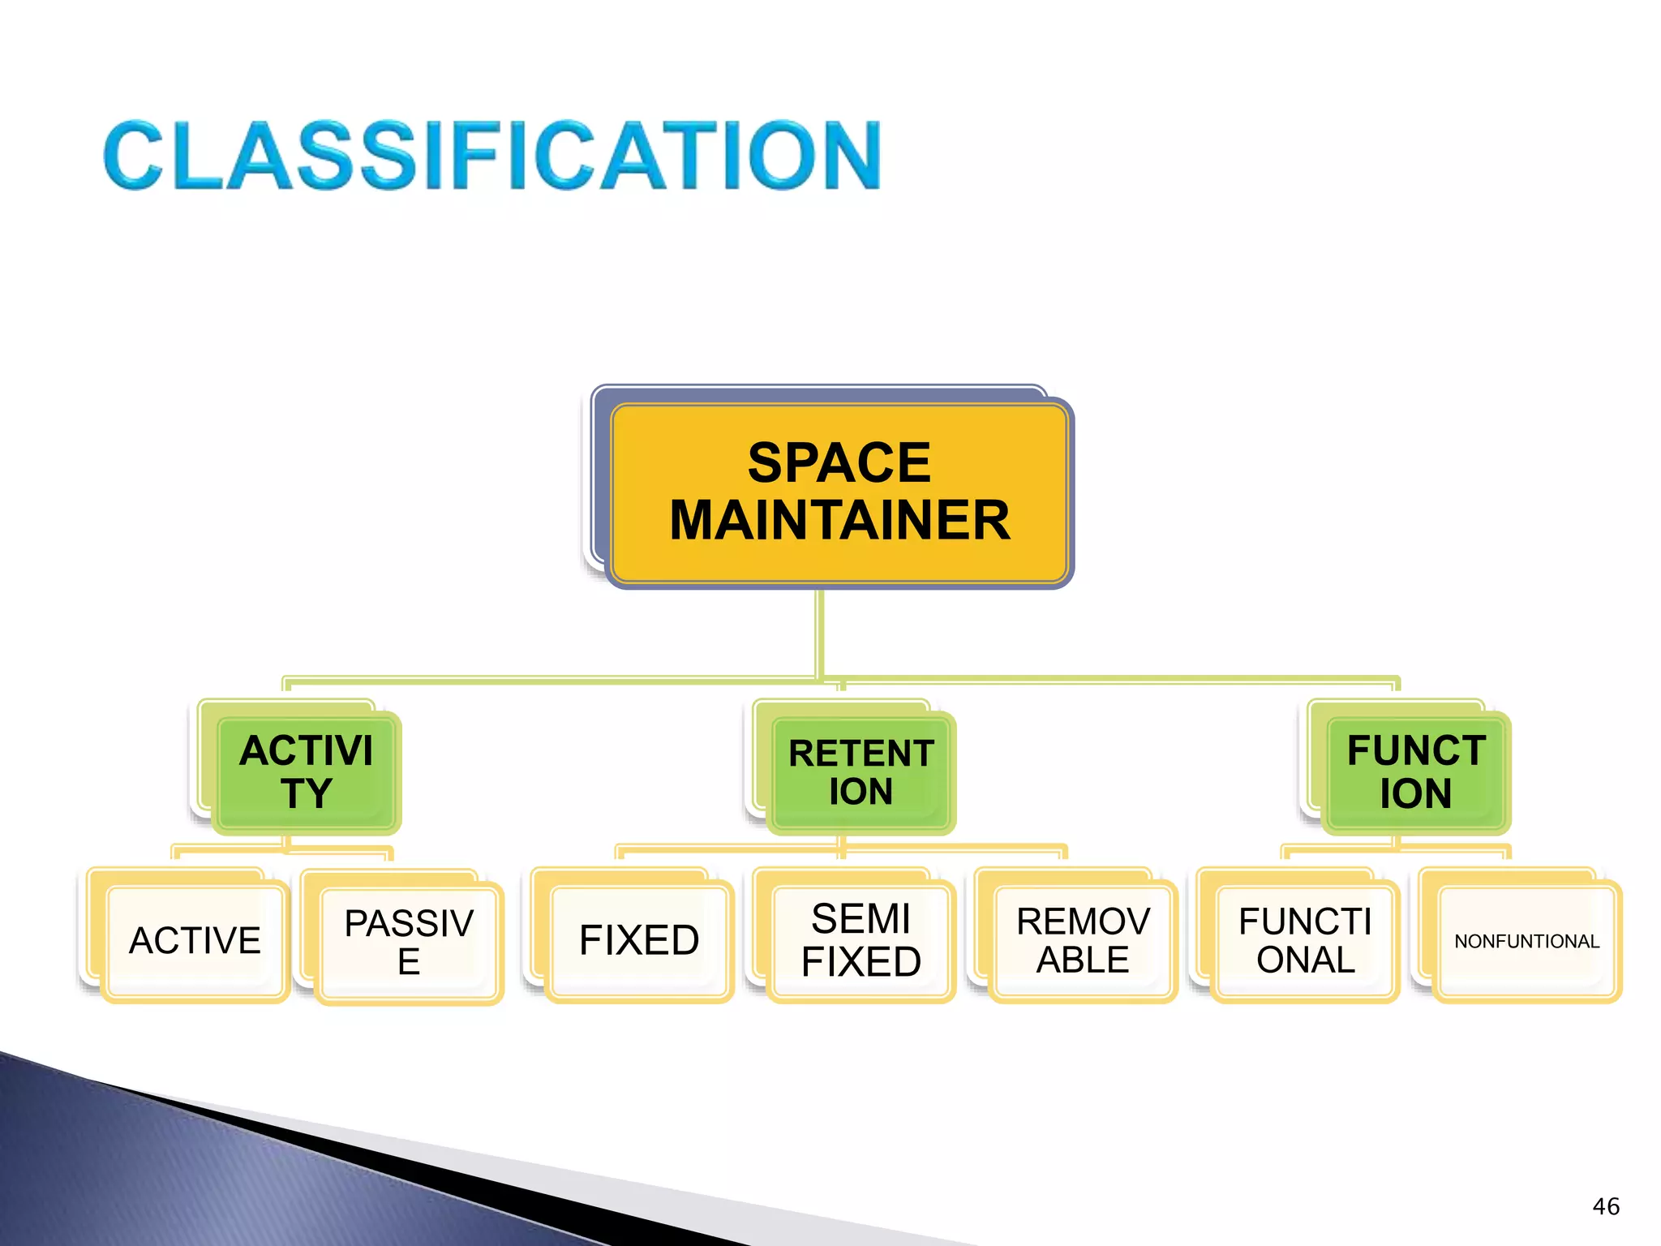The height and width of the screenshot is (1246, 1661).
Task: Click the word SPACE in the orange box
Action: point(839,463)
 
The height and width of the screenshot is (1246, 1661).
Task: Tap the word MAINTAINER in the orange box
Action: point(839,520)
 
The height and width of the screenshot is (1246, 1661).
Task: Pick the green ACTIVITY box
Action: point(307,772)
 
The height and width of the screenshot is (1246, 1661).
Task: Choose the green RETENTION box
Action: point(861,772)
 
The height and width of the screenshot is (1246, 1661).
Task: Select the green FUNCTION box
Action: point(1415,772)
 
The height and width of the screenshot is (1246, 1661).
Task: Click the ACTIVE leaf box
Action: point(195,941)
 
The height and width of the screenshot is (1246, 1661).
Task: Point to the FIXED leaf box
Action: point(639,941)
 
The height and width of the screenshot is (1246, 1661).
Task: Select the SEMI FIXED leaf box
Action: point(861,941)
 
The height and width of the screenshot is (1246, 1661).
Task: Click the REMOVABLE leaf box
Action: point(1083,941)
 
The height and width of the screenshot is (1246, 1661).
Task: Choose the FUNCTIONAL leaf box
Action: point(1305,941)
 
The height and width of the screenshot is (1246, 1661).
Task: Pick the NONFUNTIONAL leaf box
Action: point(1526,941)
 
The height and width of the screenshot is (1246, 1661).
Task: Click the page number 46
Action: point(1606,1206)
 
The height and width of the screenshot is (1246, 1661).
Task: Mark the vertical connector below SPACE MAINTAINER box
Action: point(820,633)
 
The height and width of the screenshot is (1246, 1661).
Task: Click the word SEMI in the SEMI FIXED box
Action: point(861,919)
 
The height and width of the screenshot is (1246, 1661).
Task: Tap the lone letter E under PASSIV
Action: point(409,963)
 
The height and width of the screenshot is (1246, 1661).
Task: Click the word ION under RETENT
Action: point(861,792)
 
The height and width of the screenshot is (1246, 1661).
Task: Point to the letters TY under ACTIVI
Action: point(307,793)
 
